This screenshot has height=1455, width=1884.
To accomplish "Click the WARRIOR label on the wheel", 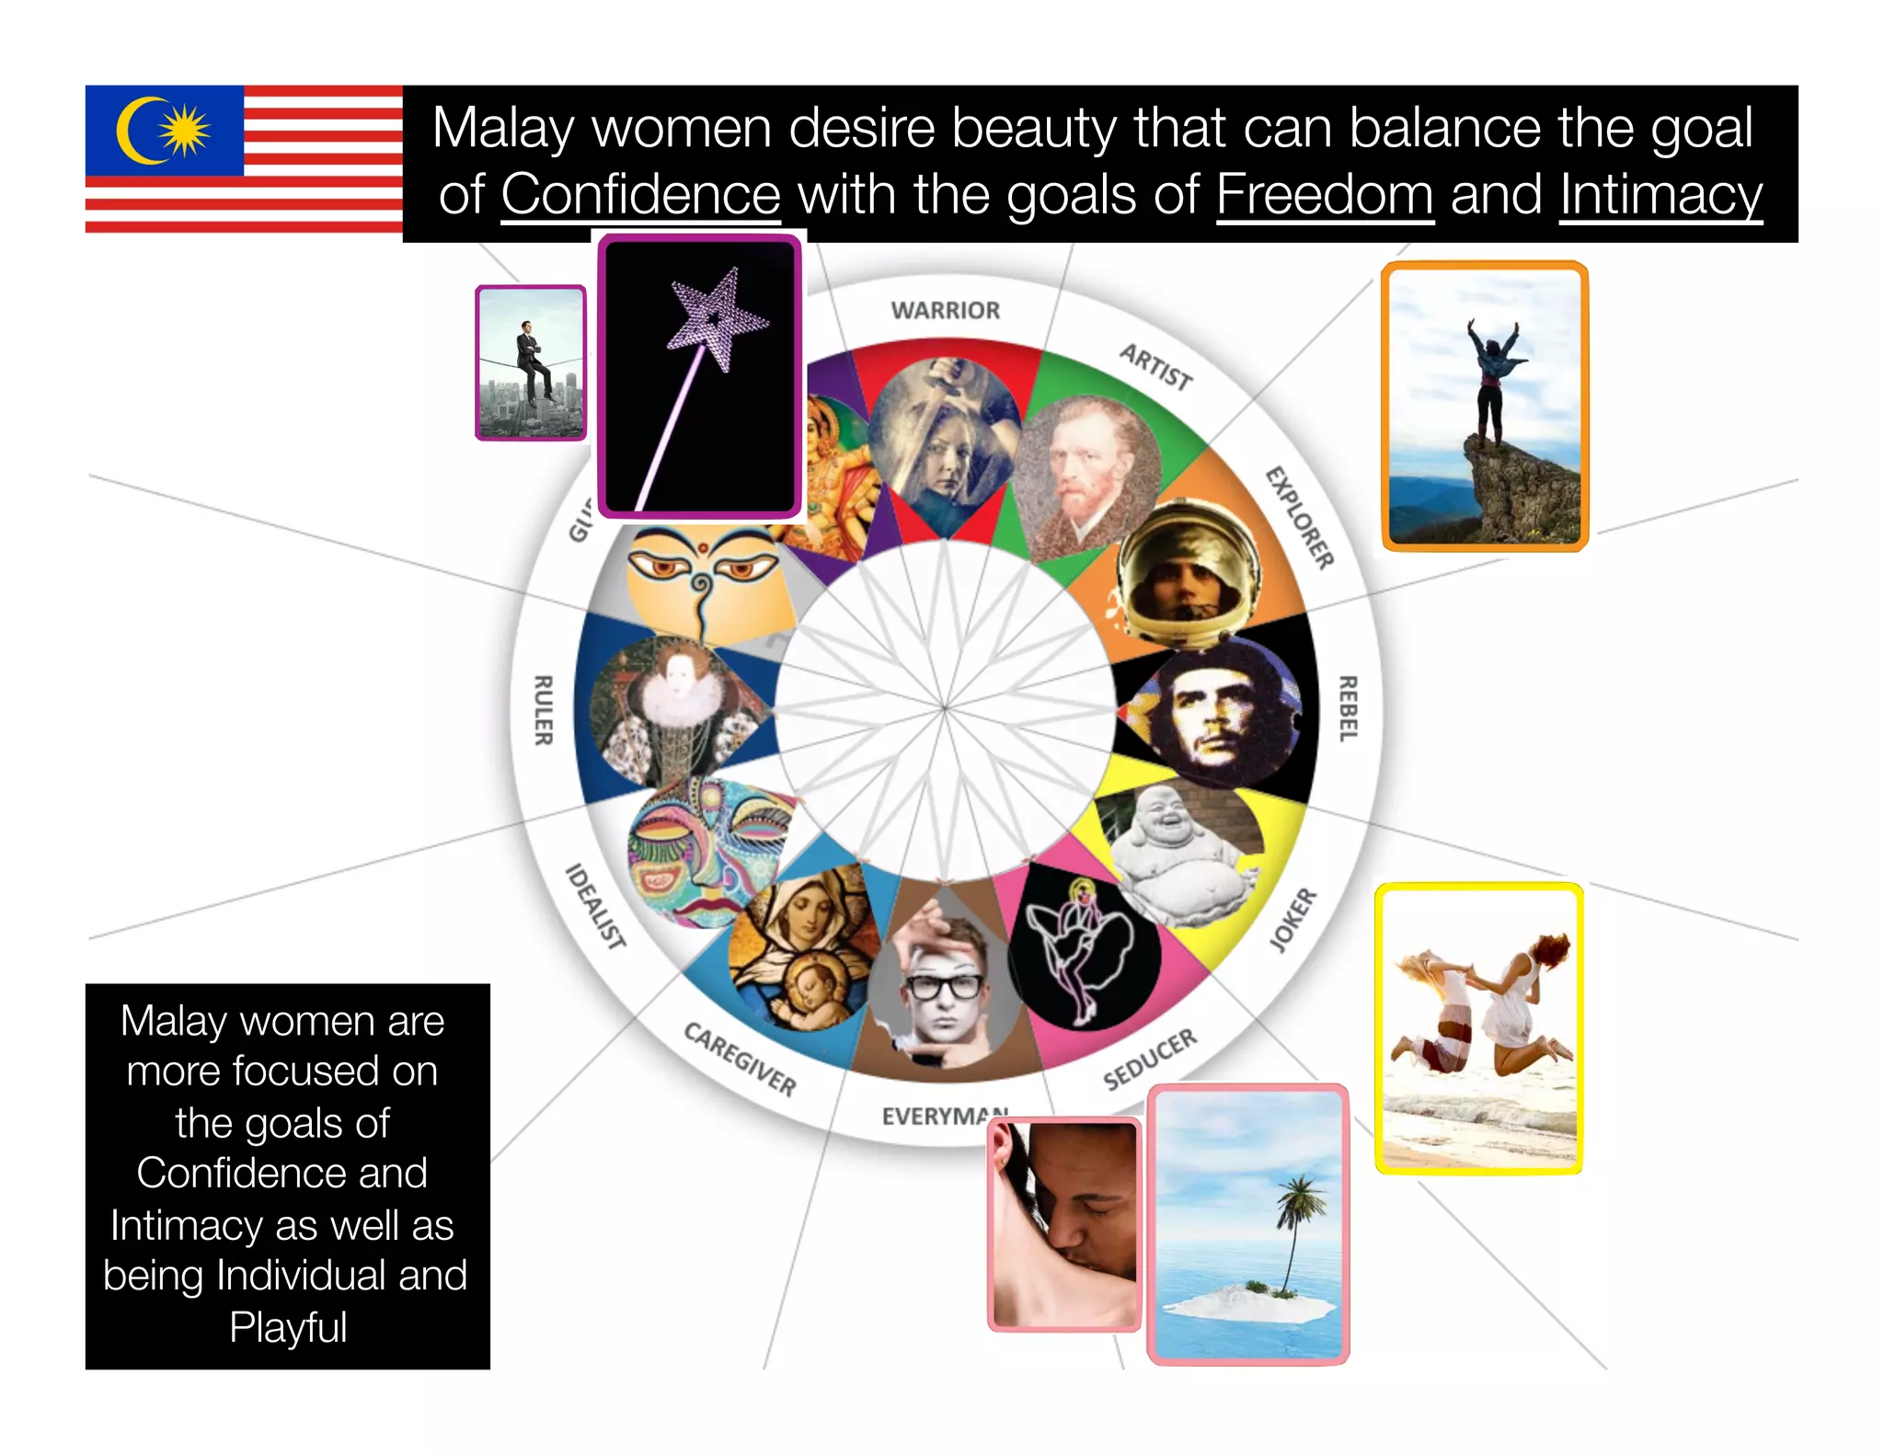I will click(x=945, y=311).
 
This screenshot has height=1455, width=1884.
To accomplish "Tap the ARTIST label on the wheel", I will click(x=1155, y=367).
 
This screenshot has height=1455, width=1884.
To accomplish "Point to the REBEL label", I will click(x=1348, y=708).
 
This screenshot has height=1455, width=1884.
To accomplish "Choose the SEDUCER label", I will click(x=1150, y=1059).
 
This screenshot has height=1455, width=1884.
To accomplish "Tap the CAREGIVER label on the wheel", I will click(x=740, y=1059).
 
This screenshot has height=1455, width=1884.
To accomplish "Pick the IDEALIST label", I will click(x=595, y=906).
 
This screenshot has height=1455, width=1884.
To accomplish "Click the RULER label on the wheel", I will click(x=544, y=709).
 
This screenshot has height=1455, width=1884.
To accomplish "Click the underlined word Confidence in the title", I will click(x=640, y=195).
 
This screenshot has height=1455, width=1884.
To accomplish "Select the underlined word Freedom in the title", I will click(x=1325, y=195).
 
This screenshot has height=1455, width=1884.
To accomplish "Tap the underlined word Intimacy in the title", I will click(x=1660, y=195).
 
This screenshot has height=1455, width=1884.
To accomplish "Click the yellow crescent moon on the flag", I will click(x=138, y=131).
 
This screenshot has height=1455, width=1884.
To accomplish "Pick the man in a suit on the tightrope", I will click(x=531, y=363).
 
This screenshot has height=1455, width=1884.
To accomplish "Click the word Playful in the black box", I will click(x=288, y=1327).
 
